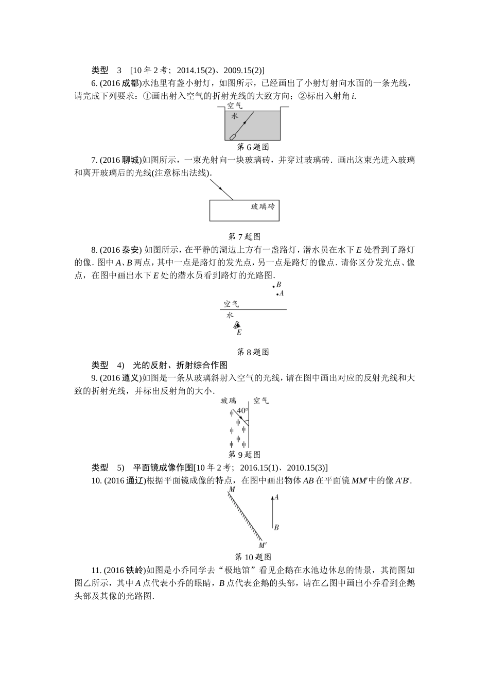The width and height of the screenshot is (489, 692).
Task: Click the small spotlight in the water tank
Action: (x=233, y=136)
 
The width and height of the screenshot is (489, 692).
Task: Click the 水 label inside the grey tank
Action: (x=235, y=116)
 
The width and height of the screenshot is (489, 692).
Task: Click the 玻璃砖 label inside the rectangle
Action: (x=263, y=206)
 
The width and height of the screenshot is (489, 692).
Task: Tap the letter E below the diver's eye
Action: (x=239, y=332)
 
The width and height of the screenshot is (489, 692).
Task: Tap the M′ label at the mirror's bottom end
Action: (x=262, y=545)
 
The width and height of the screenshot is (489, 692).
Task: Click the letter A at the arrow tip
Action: (x=276, y=497)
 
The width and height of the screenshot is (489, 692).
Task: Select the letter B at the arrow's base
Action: (x=276, y=527)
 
